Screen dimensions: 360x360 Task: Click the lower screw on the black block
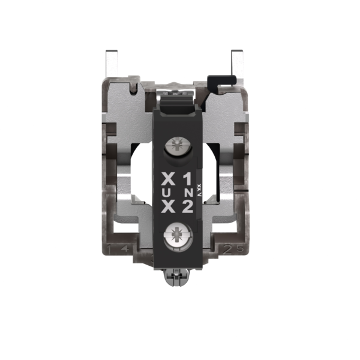(178, 233)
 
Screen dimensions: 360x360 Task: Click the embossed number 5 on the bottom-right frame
(240, 248)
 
